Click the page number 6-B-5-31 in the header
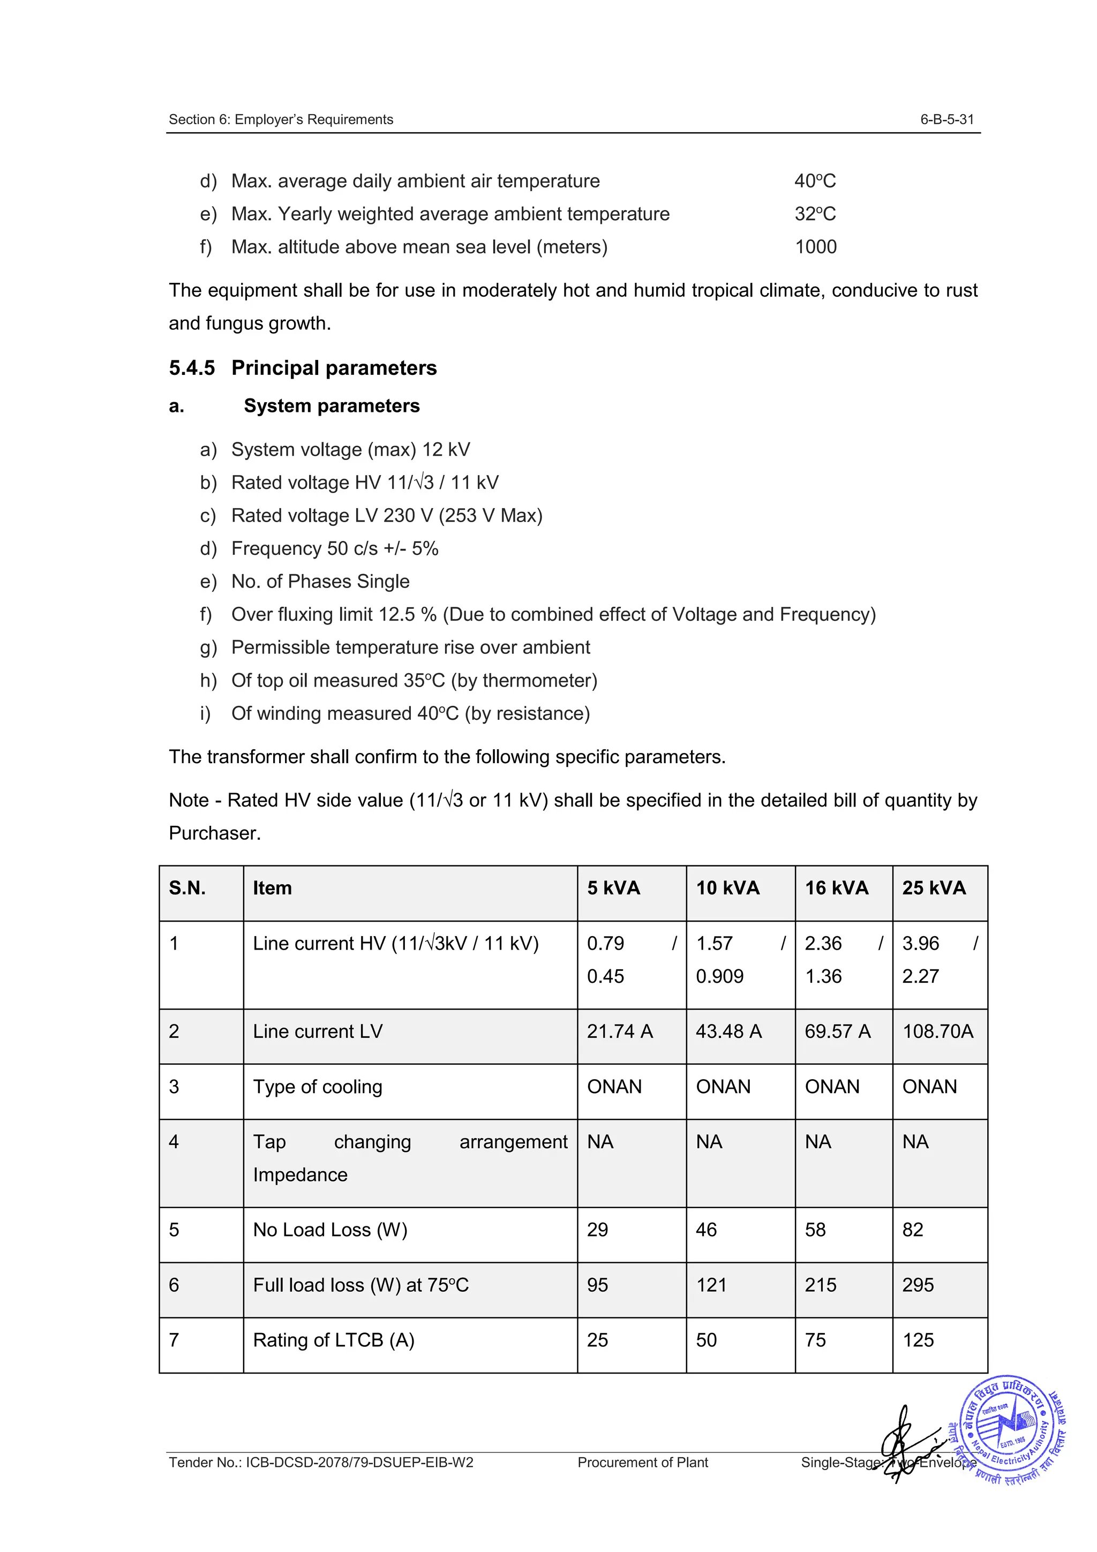click(x=946, y=119)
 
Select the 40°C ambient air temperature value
click(x=815, y=181)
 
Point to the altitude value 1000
click(x=815, y=247)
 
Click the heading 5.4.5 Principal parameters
click(x=303, y=368)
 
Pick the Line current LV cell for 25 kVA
click(x=937, y=1031)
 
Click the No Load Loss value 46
click(x=707, y=1230)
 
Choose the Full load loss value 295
click(x=918, y=1285)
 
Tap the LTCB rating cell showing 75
click(x=815, y=1340)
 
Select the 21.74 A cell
click(x=620, y=1031)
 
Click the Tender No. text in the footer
click(x=321, y=1462)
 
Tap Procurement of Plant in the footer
click(x=642, y=1462)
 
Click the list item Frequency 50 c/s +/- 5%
click(x=335, y=548)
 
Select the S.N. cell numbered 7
click(x=175, y=1340)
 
